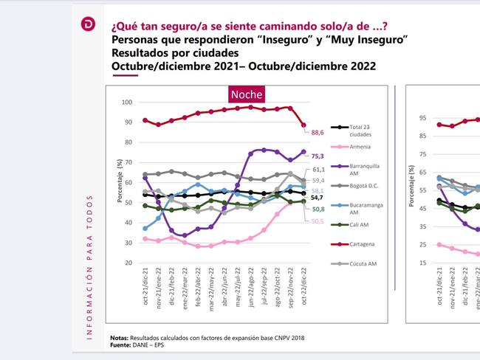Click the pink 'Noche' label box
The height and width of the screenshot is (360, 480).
(246, 95)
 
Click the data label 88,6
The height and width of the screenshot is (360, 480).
(318, 132)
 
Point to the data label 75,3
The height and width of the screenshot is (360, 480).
(318, 156)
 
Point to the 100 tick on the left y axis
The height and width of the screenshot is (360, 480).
(128, 102)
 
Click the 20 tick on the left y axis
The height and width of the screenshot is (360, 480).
(129, 263)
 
